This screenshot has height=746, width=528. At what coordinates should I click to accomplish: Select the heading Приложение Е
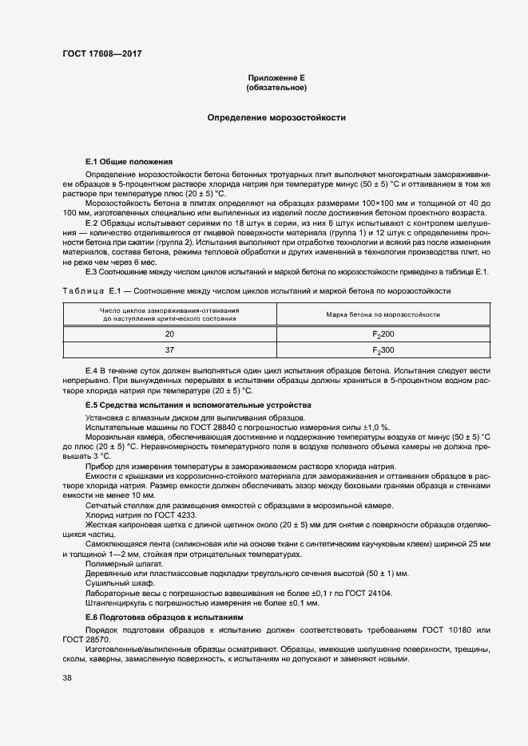pos(276,77)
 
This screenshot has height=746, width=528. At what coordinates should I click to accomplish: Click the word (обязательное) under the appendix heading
pos(276,87)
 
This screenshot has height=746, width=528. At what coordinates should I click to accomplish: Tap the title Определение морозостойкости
pos(276,117)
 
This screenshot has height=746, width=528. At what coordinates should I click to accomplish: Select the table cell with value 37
pos(169,350)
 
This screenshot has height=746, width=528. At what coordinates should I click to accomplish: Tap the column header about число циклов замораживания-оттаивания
pos(169,314)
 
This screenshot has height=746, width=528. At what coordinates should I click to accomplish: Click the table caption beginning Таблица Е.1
pos(256,290)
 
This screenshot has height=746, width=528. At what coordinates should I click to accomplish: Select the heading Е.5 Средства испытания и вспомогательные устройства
pos(187,405)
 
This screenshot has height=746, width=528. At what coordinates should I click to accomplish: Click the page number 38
pos(66,677)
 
